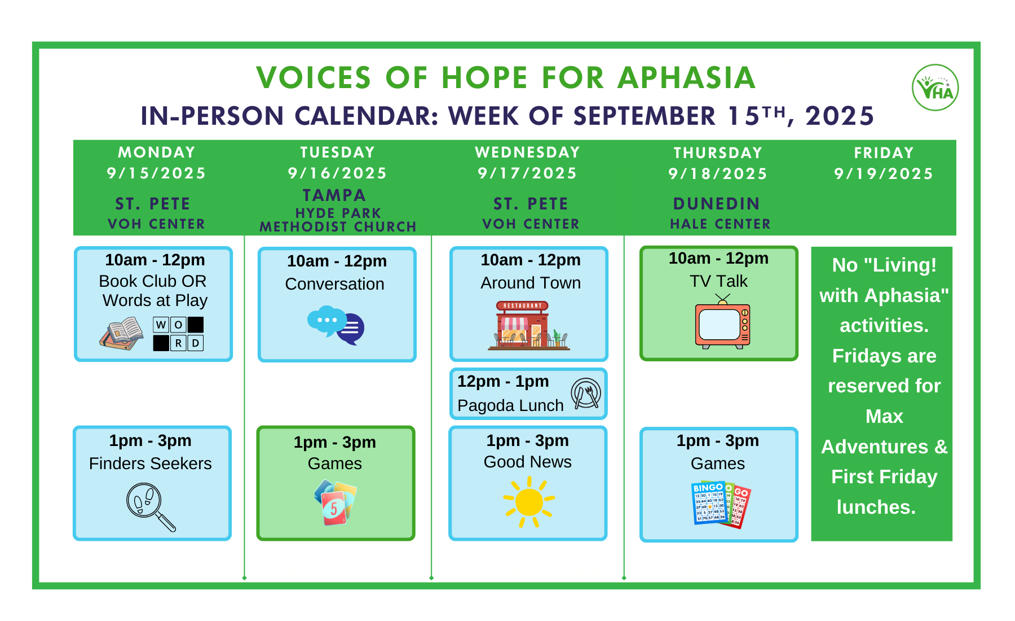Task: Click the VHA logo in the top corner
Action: tap(935, 88)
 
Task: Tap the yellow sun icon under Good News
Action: tap(529, 502)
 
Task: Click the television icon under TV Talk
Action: tap(722, 321)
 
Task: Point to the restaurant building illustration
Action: tap(529, 326)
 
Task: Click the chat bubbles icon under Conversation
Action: tap(336, 325)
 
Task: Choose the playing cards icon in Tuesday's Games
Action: tap(336, 502)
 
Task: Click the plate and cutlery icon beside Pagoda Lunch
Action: tap(586, 393)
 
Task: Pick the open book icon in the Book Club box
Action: tap(121, 334)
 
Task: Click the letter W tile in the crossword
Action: tap(161, 325)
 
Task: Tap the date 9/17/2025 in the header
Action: tap(527, 173)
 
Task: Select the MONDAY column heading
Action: tap(157, 152)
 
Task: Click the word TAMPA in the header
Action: tap(334, 195)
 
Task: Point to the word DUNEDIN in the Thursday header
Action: tap(717, 204)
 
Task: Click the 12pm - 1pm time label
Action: tap(503, 382)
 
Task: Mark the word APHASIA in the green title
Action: tap(686, 78)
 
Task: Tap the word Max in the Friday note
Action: tap(884, 417)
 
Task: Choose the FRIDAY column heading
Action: tap(884, 153)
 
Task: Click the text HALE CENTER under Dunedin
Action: tap(720, 224)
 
